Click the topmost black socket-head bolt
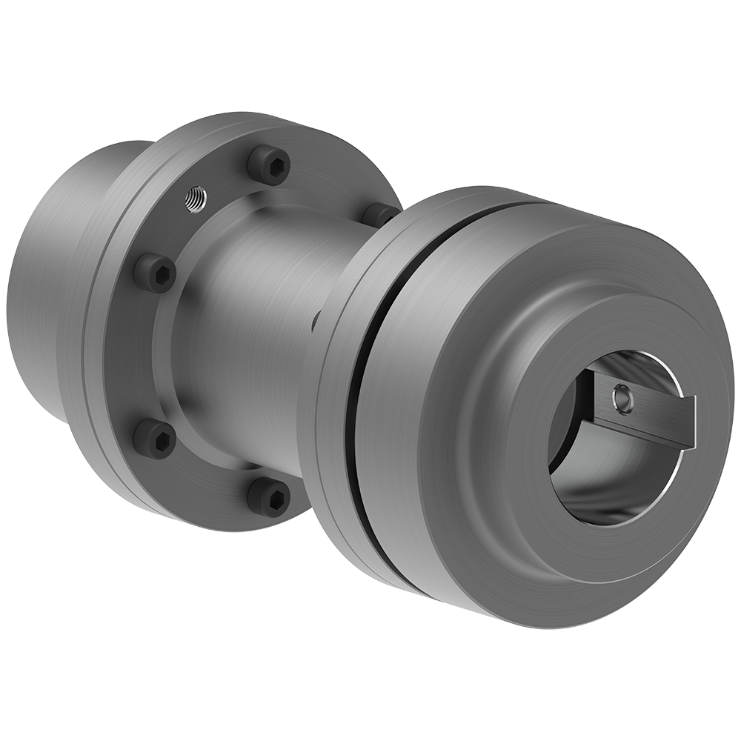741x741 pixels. pyautogui.click(x=268, y=165)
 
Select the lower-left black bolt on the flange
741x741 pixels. pyautogui.click(x=155, y=439)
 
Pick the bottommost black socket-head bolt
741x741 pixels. pyautogui.click(x=268, y=494)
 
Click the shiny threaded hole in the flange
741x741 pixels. pyautogui.click(x=196, y=199)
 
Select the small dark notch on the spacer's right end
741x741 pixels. pyautogui.click(x=314, y=322)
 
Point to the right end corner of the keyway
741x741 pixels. pyautogui.click(x=692, y=422)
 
